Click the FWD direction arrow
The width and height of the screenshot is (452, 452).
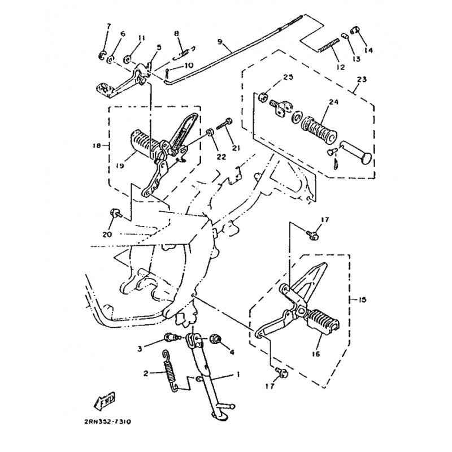click(105, 402)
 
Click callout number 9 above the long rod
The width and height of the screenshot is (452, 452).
click(220, 42)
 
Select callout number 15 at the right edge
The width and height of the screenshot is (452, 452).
click(362, 299)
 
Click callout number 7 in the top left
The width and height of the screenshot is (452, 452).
click(109, 27)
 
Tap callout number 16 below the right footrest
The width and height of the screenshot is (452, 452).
click(315, 354)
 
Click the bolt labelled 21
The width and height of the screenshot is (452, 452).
click(229, 121)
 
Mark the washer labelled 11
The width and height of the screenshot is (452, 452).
click(128, 57)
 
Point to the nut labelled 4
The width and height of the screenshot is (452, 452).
click(215, 340)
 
